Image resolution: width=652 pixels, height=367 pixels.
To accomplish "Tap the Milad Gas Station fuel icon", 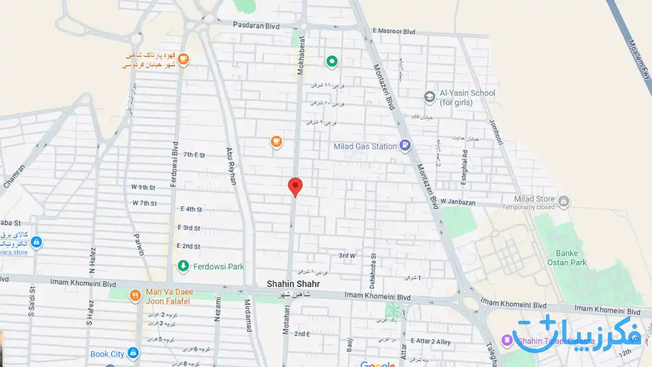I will pyautogui.click(x=405, y=145).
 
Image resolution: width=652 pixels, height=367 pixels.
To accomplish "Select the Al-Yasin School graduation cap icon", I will pyautogui.click(x=430, y=97).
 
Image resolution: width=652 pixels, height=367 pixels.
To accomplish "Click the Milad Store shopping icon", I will pyautogui.click(x=564, y=202).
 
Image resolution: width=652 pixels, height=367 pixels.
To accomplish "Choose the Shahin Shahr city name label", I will pyautogui.click(x=293, y=284).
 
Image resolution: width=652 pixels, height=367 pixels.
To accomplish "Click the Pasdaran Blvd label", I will pyautogui.click(x=256, y=25).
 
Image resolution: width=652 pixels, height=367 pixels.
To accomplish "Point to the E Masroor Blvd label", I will pyautogui.click(x=394, y=32).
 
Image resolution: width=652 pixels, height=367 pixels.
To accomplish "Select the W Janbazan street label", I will pyautogui.click(x=458, y=202).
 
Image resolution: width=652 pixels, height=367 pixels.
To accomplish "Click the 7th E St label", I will pyautogui.click(x=194, y=155).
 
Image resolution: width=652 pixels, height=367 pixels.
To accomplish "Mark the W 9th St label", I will pyautogui.click(x=143, y=188).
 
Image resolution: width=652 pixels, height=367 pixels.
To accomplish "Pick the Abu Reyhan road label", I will pyautogui.click(x=231, y=166).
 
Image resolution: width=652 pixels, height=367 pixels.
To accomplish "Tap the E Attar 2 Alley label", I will pyautogui.click(x=433, y=342).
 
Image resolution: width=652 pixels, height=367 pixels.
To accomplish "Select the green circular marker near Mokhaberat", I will pyautogui.click(x=331, y=61).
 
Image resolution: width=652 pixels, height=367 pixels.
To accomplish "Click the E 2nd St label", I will pyautogui.click(x=189, y=246).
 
